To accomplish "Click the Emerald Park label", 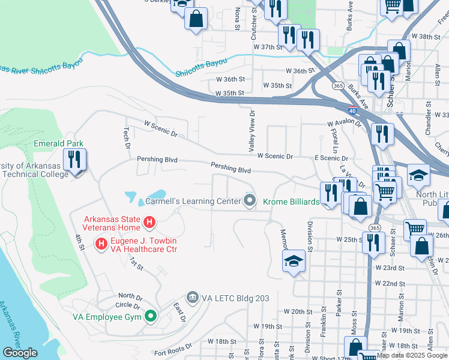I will (x=58, y=144).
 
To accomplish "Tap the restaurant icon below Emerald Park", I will (x=76, y=160).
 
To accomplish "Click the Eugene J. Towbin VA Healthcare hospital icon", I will (x=101, y=244).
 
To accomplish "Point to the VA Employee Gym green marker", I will (x=150, y=316).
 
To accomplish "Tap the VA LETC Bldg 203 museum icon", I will (x=193, y=297).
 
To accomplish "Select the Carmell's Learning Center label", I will (x=193, y=202).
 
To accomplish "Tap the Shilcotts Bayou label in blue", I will (x=202, y=67).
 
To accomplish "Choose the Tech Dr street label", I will (x=127, y=136).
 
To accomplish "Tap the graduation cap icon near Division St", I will (x=294, y=261).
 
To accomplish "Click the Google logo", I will (x=20, y=353).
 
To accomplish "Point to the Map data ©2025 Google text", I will (x=412, y=356).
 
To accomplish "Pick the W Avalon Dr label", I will (x=345, y=124).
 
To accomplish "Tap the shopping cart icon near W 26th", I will (x=414, y=229).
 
